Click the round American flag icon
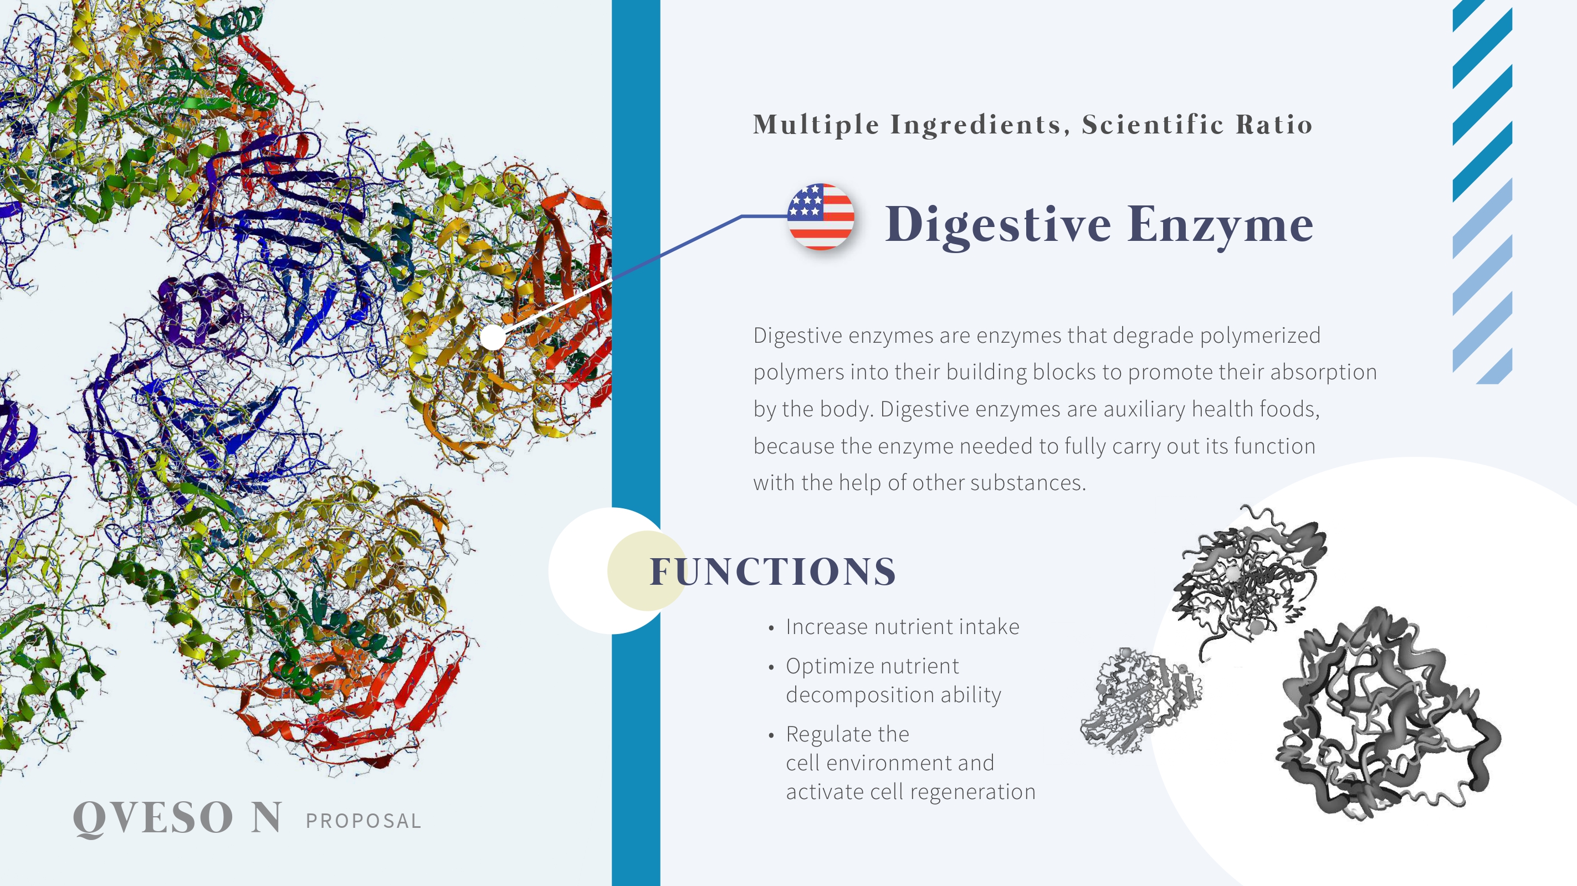tap(820, 217)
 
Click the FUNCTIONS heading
tap(772, 571)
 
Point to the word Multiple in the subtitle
tap(816, 125)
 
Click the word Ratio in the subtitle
tap(1274, 124)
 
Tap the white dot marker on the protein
tap(493, 338)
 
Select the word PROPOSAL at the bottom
tap(363, 821)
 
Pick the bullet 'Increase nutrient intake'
tap(902, 626)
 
